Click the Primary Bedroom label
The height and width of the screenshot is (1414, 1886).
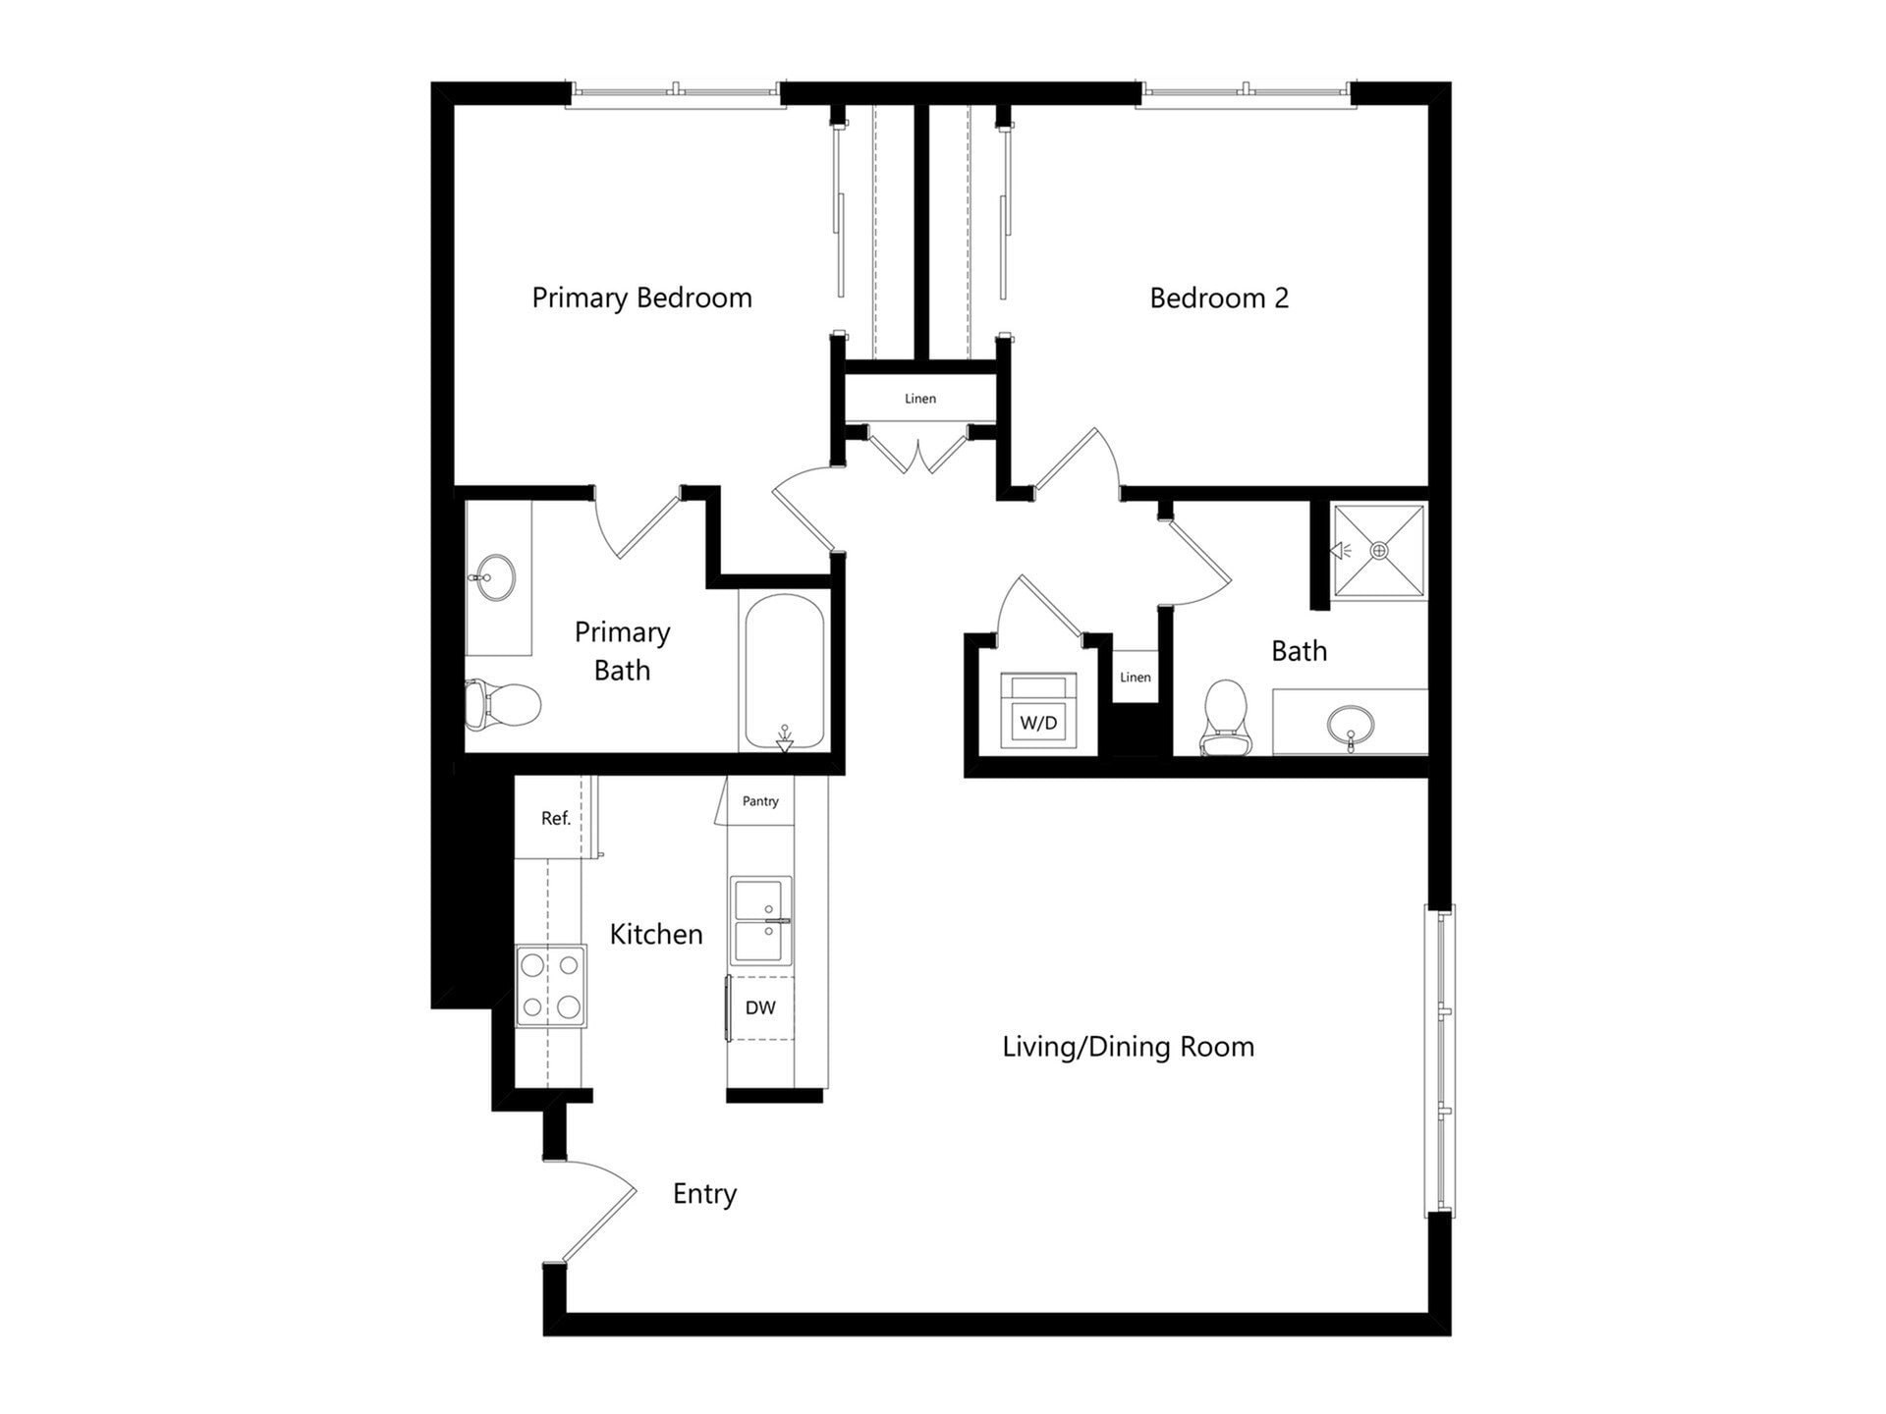[x=641, y=298]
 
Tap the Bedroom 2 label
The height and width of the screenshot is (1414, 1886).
[x=1219, y=298]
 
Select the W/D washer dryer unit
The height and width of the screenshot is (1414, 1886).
[x=1038, y=713]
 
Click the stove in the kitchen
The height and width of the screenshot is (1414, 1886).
[x=550, y=986]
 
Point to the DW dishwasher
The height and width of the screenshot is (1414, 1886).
[x=760, y=1007]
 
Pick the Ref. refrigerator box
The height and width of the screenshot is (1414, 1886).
[x=555, y=818]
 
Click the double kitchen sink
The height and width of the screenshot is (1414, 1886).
[x=761, y=921]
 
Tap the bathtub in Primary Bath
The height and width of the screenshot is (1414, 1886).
[x=784, y=672]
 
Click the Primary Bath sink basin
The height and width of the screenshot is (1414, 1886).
[x=494, y=576]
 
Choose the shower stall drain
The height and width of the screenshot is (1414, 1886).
[x=1379, y=551]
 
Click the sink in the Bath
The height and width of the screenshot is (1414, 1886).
[x=1351, y=725]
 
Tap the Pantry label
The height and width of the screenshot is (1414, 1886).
[x=760, y=801]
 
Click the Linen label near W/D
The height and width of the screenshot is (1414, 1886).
[x=1135, y=677]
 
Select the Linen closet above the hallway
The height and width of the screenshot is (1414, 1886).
[x=920, y=398]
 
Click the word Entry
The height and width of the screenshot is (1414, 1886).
[x=704, y=1194]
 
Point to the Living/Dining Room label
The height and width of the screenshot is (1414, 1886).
[x=1128, y=1047]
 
